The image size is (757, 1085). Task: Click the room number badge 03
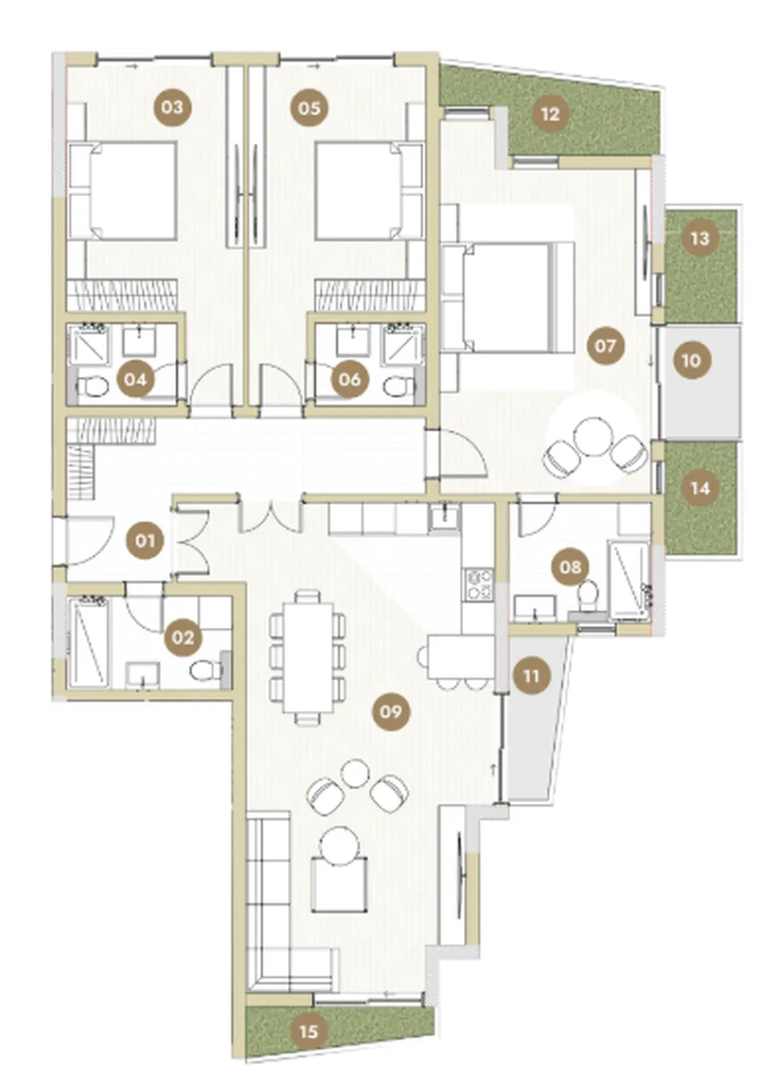click(x=173, y=107)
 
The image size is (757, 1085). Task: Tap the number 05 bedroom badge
click(x=309, y=107)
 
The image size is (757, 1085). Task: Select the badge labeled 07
click(x=605, y=346)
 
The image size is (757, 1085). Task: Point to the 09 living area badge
click(x=391, y=712)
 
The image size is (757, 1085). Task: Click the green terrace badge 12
click(x=551, y=115)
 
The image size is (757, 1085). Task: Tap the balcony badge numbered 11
click(x=532, y=675)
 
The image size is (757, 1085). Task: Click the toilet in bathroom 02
click(x=206, y=671)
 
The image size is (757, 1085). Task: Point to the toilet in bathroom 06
click(x=400, y=387)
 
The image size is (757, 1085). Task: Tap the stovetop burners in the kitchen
click(x=479, y=584)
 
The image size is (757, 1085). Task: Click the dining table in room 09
click(x=308, y=657)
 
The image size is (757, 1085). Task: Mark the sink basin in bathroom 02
click(x=143, y=674)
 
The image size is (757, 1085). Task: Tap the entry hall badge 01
click(x=145, y=540)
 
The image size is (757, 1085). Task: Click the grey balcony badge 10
click(x=691, y=361)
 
